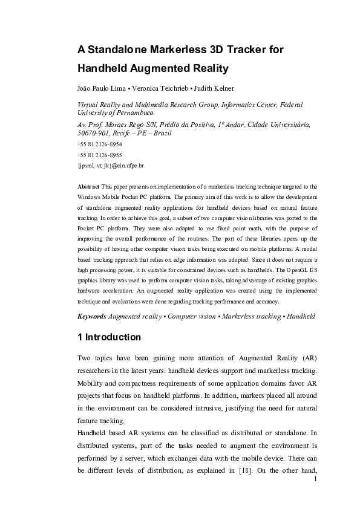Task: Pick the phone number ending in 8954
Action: click(100, 145)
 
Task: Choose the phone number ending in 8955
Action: click(100, 155)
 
